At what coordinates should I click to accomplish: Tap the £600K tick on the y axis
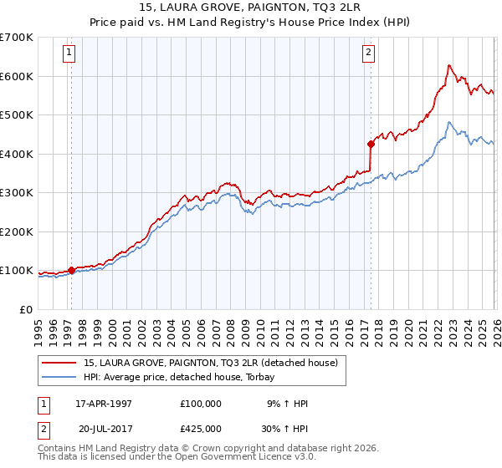pyautogui.click(x=17, y=76)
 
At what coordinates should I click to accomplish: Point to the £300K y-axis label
pyautogui.click(x=17, y=193)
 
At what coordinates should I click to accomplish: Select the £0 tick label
pyautogui.click(x=25, y=309)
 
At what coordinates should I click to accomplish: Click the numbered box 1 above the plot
pyautogui.click(x=69, y=53)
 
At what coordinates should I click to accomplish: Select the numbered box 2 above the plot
pyautogui.click(x=368, y=53)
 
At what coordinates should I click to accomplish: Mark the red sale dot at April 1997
pyautogui.click(x=72, y=270)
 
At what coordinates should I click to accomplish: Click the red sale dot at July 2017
pyautogui.click(x=371, y=144)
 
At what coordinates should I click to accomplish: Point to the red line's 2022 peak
pyautogui.click(x=449, y=65)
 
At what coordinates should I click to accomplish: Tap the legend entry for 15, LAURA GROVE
pyautogui.click(x=210, y=363)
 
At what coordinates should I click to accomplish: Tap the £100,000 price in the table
pyautogui.click(x=201, y=403)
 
